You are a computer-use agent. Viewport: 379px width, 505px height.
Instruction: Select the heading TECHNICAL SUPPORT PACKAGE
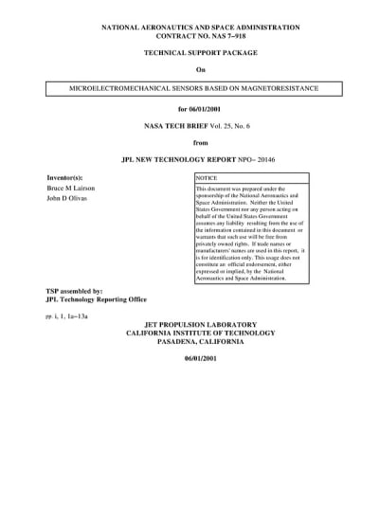click(x=199, y=56)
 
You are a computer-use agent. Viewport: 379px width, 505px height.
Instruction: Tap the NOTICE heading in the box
click(x=207, y=178)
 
